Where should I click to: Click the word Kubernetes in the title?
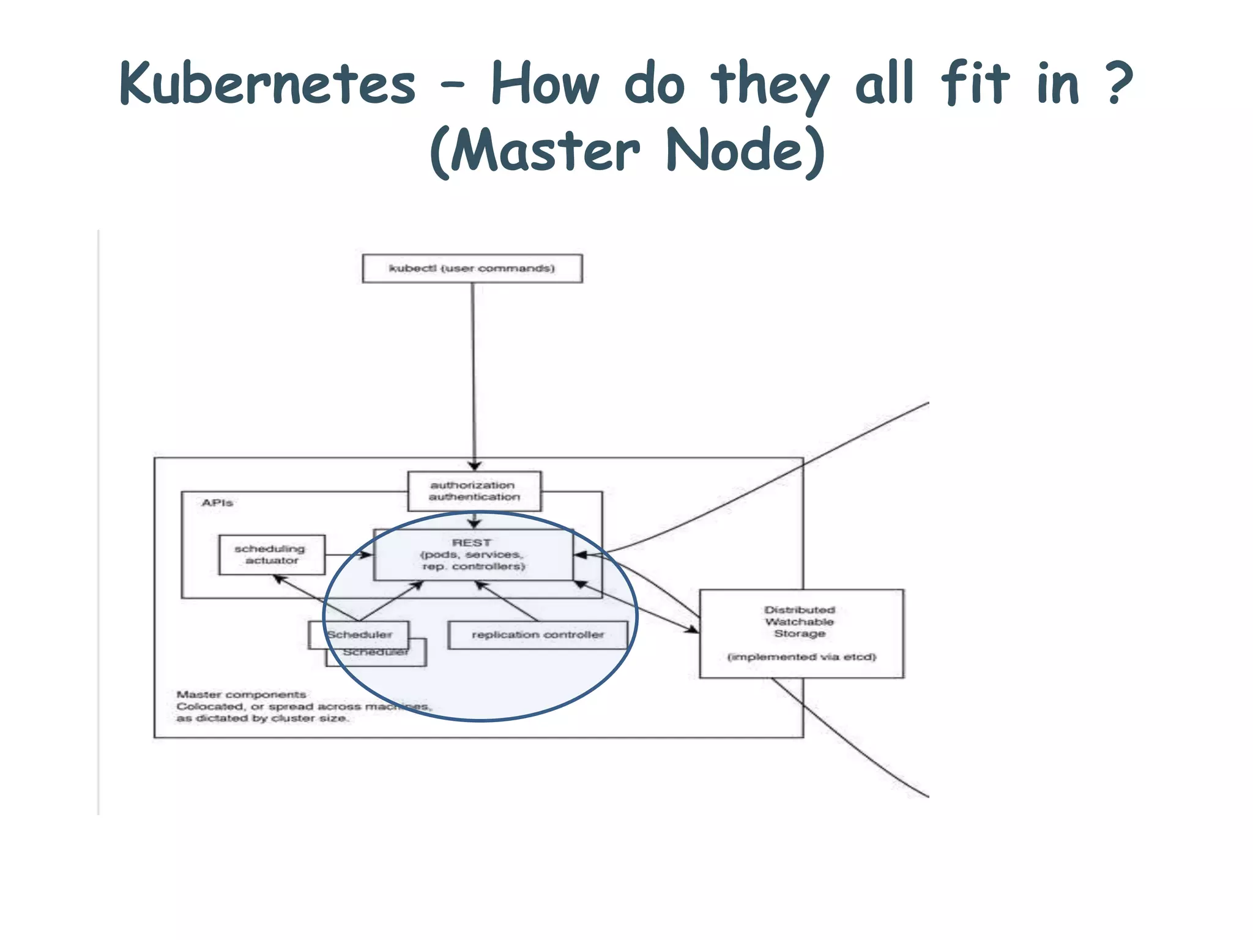(x=267, y=84)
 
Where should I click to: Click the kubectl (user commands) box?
(x=472, y=269)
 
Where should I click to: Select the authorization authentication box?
(x=474, y=491)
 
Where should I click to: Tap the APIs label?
(x=217, y=503)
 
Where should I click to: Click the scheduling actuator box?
(x=271, y=554)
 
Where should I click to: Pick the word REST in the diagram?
(x=471, y=543)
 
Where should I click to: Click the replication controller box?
(x=537, y=635)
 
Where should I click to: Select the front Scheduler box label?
(x=359, y=635)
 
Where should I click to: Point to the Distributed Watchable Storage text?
(x=799, y=621)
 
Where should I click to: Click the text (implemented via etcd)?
(x=801, y=657)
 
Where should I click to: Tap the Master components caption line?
(x=241, y=695)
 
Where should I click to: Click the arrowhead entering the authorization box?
(x=475, y=466)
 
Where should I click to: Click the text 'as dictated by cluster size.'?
(x=262, y=718)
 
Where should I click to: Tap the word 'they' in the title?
(x=770, y=84)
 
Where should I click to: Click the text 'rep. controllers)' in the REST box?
(x=474, y=567)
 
